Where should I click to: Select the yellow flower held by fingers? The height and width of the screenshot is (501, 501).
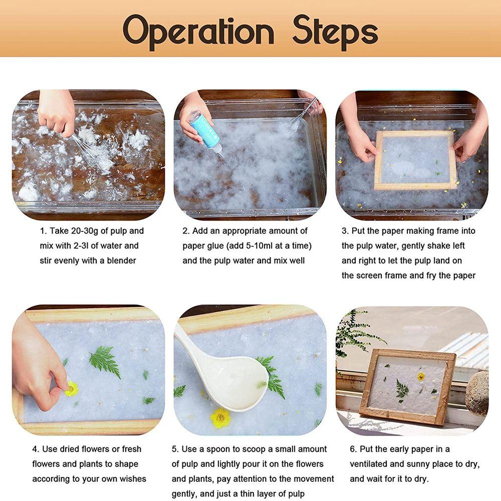tap(71, 389)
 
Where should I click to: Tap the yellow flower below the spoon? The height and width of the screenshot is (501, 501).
tap(220, 418)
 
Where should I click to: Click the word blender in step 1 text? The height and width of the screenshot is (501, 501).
tap(121, 261)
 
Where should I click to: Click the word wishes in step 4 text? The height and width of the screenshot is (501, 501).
tap(133, 478)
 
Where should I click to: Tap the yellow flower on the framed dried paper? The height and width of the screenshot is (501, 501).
tap(421, 377)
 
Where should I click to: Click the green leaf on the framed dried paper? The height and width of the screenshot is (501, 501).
tap(402, 389)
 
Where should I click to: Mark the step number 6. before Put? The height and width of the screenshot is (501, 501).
tap(353, 449)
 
